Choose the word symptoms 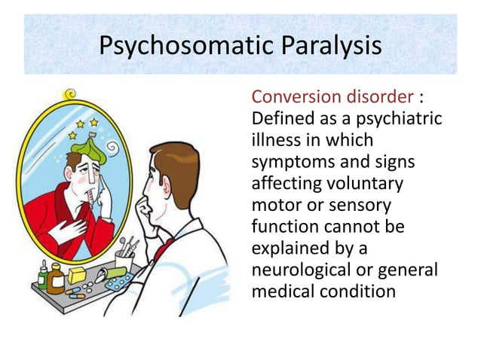click(295, 163)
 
